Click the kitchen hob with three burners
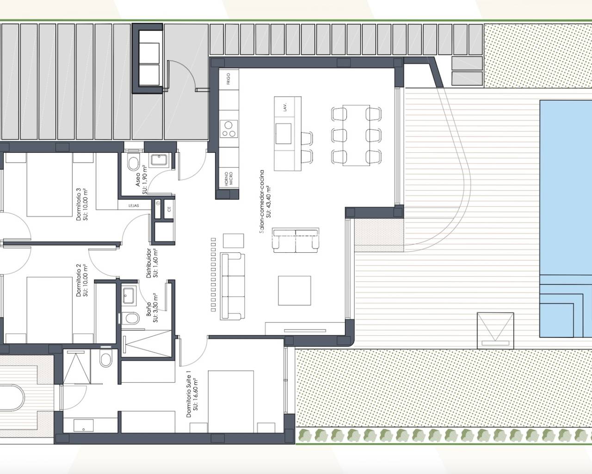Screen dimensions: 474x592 228,129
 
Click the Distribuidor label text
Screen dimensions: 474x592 152,263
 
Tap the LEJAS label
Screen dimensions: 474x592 128,207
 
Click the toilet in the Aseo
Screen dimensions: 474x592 133,163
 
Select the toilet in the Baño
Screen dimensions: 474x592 132,318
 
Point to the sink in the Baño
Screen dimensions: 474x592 129,295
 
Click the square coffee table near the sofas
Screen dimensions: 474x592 294,290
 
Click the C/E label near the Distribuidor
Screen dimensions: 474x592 168,209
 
